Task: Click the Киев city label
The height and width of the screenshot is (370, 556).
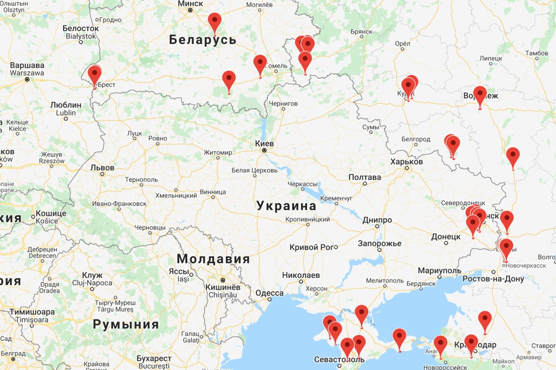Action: (x=265, y=143)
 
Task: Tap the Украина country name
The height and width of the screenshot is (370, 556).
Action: (x=286, y=206)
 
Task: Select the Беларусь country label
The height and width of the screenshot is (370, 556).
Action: (x=202, y=40)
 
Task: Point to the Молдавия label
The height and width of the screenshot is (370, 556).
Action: (x=213, y=259)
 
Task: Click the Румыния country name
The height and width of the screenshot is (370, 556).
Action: (x=126, y=324)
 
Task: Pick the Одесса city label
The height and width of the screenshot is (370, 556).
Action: (x=269, y=293)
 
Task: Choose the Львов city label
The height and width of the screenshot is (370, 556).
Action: (x=102, y=167)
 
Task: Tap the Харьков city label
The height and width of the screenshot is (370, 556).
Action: (x=406, y=161)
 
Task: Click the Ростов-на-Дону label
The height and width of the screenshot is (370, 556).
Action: (x=493, y=279)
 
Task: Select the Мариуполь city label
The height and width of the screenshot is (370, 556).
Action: (x=439, y=270)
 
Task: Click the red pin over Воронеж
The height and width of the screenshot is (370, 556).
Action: (x=480, y=95)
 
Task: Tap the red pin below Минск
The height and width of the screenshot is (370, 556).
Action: (x=214, y=22)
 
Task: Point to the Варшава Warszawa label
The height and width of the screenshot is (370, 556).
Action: (x=27, y=69)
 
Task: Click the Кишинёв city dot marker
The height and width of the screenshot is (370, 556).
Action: (x=222, y=280)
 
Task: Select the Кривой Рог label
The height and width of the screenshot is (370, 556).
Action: (x=311, y=247)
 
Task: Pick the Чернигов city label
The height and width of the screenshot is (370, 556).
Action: (x=283, y=104)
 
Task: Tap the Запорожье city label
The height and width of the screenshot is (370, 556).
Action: (x=379, y=243)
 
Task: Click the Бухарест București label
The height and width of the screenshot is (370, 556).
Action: (x=154, y=362)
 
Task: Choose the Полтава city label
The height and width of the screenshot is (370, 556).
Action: (x=365, y=177)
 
